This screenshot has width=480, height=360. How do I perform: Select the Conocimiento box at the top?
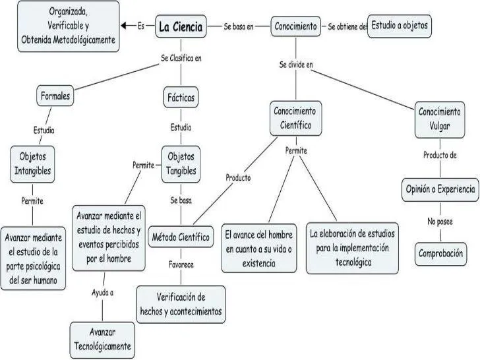pyautogui.click(x=296, y=27)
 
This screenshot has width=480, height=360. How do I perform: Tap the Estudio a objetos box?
pyautogui.click(x=400, y=26)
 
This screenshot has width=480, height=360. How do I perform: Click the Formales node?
pyautogui.click(x=55, y=96)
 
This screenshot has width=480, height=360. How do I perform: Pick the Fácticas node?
pyautogui.click(x=180, y=98)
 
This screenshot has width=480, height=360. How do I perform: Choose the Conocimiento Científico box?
pyautogui.click(x=295, y=118)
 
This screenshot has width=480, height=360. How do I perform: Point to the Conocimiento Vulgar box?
pyautogui.click(x=440, y=118)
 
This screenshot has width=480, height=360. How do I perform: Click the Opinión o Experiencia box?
pyautogui.click(x=439, y=189)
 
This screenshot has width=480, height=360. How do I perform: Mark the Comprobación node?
pyautogui.click(x=440, y=253)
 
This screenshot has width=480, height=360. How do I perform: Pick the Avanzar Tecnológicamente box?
pyautogui.click(x=102, y=339)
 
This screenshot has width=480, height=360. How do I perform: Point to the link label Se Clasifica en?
pyautogui.click(x=181, y=58)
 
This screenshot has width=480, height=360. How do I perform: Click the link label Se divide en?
pyautogui.click(x=295, y=65)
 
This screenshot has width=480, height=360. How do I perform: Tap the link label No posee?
pyautogui.click(x=439, y=222)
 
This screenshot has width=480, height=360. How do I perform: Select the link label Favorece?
pyautogui.click(x=181, y=264)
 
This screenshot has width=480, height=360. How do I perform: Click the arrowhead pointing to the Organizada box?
pyautogui.click(x=125, y=26)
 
